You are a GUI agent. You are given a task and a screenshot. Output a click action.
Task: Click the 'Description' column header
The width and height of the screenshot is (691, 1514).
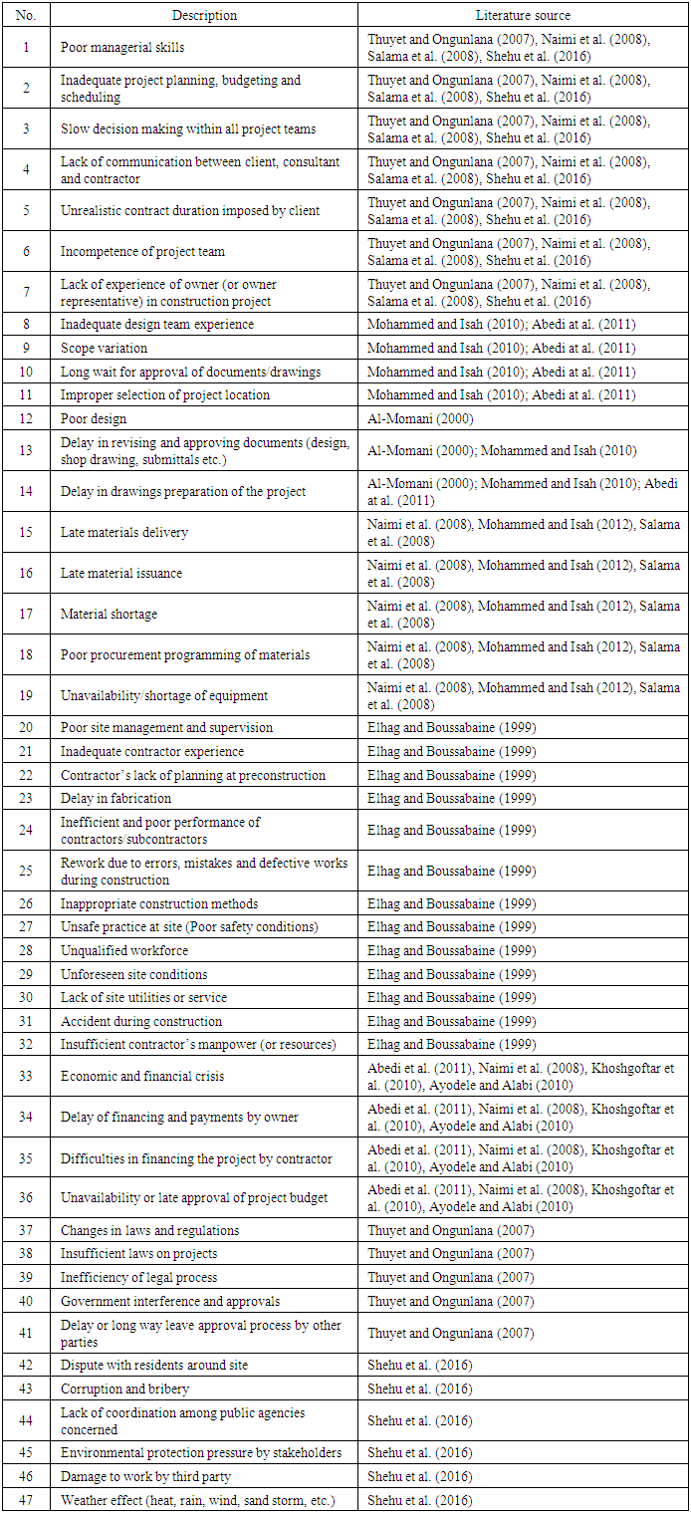pyautogui.click(x=204, y=15)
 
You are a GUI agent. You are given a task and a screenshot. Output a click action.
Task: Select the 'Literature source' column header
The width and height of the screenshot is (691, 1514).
pyautogui.click(x=523, y=15)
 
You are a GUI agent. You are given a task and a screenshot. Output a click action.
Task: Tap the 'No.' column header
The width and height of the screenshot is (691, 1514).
pyautogui.click(x=26, y=15)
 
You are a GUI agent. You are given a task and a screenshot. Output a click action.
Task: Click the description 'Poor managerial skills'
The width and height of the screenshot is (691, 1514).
pyautogui.click(x=122, y=47)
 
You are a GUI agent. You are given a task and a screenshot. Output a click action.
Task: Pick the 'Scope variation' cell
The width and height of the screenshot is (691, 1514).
pyautogui.click(x=104, y=348)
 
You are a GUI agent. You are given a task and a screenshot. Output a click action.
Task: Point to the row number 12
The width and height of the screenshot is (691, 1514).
pyautogui.click(x=26, y=418)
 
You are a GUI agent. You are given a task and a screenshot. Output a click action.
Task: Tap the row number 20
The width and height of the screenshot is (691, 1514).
pyautogui.click(x=26, y=728)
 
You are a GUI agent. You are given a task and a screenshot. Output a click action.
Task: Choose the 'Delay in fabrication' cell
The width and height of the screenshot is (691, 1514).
pyautogui.click(x=115, y=798)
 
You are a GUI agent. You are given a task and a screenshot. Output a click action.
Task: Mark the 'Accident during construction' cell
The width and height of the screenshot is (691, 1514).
pyautogui.click(x=141, y=1021)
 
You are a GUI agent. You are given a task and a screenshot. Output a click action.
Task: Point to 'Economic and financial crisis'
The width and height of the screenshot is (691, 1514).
pyautogui.click(x=142, y=1076)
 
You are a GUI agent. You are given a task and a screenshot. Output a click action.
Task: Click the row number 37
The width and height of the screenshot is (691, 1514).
pyautogui.click(x=26, y=1230)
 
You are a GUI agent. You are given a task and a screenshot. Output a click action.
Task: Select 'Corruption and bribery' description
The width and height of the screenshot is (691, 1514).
pyautogui.click(x=124, y=1388)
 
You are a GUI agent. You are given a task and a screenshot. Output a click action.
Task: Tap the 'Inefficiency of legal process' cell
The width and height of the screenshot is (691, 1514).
pyautogui.click(x=138, y=1277)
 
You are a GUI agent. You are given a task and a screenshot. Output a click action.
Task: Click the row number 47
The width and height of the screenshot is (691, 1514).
pyautogui.click(x=26, y=1500)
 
